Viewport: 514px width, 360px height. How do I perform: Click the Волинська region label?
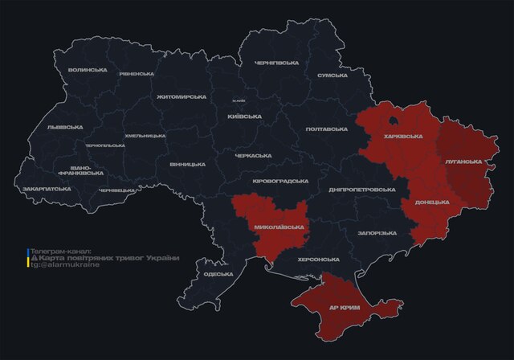tap(88, 70)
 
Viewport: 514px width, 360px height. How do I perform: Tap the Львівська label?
tap(65, 127)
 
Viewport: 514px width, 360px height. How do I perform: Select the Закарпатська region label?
tap(47, 189)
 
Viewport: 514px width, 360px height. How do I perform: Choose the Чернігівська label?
tap(277, 63)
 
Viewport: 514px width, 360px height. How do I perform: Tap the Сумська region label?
tap(332, 75)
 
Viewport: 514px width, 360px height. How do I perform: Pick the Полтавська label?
tap(328, 129)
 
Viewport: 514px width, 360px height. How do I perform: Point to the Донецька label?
tap(431, 202)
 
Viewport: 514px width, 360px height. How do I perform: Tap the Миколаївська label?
tap(279, 227)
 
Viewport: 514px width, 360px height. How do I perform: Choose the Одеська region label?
tap(218, 274)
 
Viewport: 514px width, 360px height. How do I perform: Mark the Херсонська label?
tap(319, 260)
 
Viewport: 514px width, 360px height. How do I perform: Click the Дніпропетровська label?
tap(362, 190)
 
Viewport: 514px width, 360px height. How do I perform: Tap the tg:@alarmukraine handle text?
tap(67, 264)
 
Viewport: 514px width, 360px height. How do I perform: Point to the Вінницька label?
tap(187, 164)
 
